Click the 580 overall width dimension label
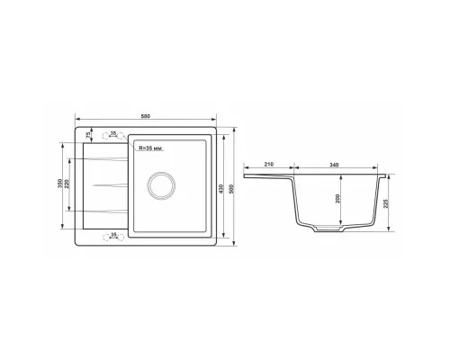click(x=146, y=116)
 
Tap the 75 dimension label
click(x=88, y=135)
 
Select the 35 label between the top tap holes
click(x=113, y=132)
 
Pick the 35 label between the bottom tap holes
click(x=113, y=234)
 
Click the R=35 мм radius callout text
click(x=150, y=148)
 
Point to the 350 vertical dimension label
click(x=59, y=184)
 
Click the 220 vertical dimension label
click(x=67, y=184)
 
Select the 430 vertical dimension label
click(x=221, y=188)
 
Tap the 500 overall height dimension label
click(x=231, y=188)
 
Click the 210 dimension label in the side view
click(x=269, y=165)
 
